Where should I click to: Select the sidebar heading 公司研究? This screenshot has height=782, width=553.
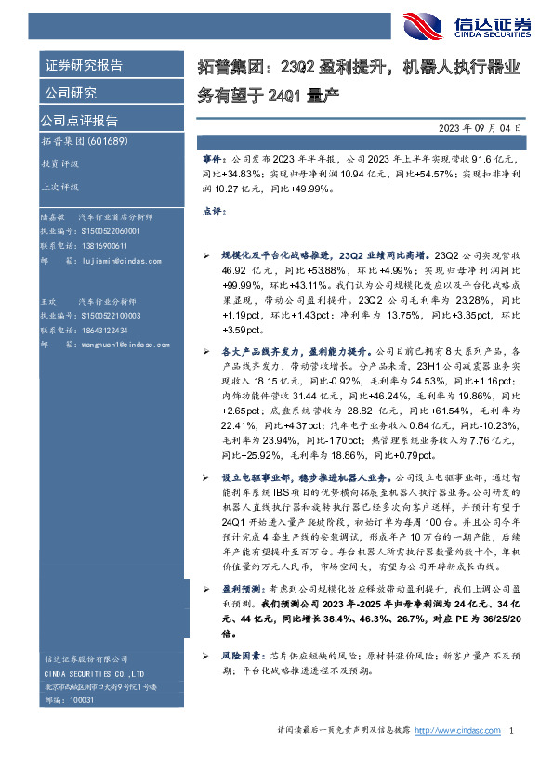coord(71,93)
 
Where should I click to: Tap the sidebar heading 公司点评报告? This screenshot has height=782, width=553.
coord(78,120)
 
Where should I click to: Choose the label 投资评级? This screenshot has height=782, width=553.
coord(59,163)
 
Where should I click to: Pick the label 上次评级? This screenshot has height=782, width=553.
coord(59,186)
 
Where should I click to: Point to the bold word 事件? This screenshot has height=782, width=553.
coord(213,160)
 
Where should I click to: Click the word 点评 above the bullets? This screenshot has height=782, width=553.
coord(213,212)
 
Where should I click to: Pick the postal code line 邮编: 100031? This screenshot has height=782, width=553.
coord(68,700)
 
